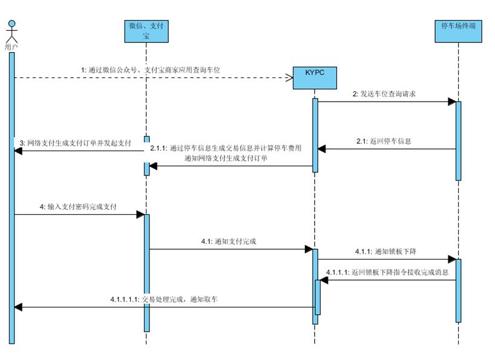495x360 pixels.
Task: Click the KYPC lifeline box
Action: click(x=315, y=77)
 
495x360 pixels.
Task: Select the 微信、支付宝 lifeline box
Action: click(x=146, y=31)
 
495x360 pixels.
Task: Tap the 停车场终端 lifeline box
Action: click(x=458, y=31)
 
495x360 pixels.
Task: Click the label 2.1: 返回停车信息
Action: click(x=384, y=141)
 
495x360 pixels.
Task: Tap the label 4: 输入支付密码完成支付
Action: click(x=78, y=207)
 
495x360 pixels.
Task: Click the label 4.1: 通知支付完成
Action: click(x=229, y=241)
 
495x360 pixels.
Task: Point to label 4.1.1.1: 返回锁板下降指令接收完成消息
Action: click(x=387, y=273)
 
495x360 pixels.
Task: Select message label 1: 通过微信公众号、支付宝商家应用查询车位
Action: click(x=151, y=70)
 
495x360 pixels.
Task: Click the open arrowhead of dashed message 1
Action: click(x=289, y=77)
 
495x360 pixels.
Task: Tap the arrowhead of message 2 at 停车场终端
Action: click(x=451, y=102)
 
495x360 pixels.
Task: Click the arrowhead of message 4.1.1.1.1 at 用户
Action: click(x=18, y=307)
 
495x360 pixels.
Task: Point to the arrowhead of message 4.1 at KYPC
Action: click(x=308, y=249)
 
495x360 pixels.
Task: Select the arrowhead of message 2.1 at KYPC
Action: click(x=322, y=149)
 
